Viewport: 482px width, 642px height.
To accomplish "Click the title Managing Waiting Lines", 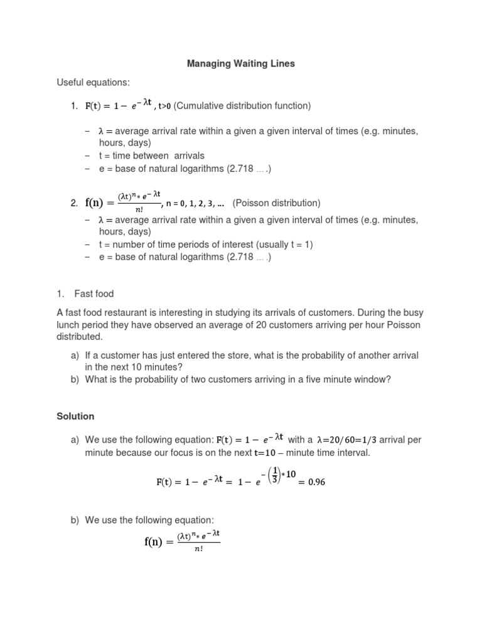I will tap(242, 63).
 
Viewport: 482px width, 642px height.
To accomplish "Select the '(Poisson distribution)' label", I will tap(276, 203).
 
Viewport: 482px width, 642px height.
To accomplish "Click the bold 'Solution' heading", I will tap(75, 416).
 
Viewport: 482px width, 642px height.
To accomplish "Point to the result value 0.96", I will tap(314, 482).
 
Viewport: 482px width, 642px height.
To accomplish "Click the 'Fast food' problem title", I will tap(94, 293).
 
